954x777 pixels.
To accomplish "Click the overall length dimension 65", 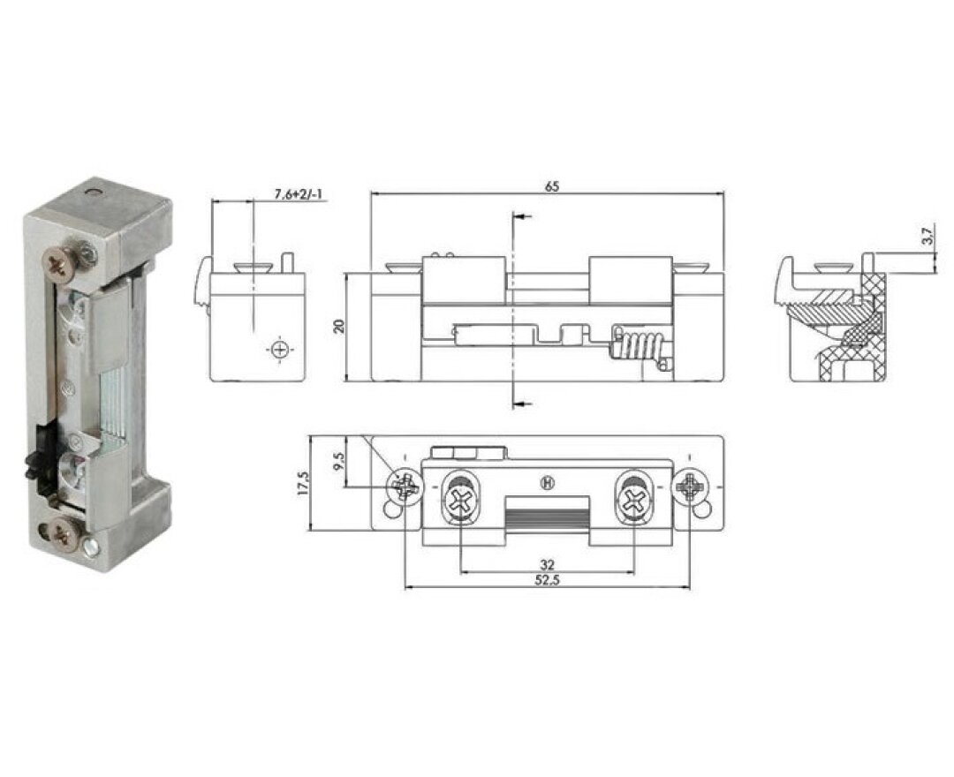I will click(552, 186).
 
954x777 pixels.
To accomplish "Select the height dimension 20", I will click(337, 327).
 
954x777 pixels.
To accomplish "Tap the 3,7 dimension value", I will click(926, 237).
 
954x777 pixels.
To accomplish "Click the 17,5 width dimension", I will click(303, 484).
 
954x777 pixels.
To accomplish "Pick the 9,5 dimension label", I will click(339, 462).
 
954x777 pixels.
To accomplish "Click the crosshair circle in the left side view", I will click(281, 351).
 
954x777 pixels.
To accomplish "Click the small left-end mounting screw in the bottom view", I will click(405, 487).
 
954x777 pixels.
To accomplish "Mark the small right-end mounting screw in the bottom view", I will click(689, 487).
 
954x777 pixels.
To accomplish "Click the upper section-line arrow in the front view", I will click(522, 216).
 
